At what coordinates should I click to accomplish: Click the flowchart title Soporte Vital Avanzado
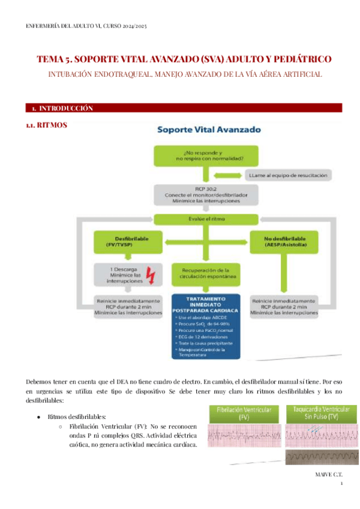coord(208,129)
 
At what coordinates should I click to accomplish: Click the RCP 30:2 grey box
coord(206,194)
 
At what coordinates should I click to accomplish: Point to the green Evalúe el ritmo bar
coord(206,220)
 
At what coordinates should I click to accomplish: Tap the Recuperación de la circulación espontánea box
coord(206,275)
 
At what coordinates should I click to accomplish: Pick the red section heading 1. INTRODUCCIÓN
coord(63,108)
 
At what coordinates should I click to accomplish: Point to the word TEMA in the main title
coord(50,60)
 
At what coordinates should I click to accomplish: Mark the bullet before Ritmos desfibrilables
coord(38,416)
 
